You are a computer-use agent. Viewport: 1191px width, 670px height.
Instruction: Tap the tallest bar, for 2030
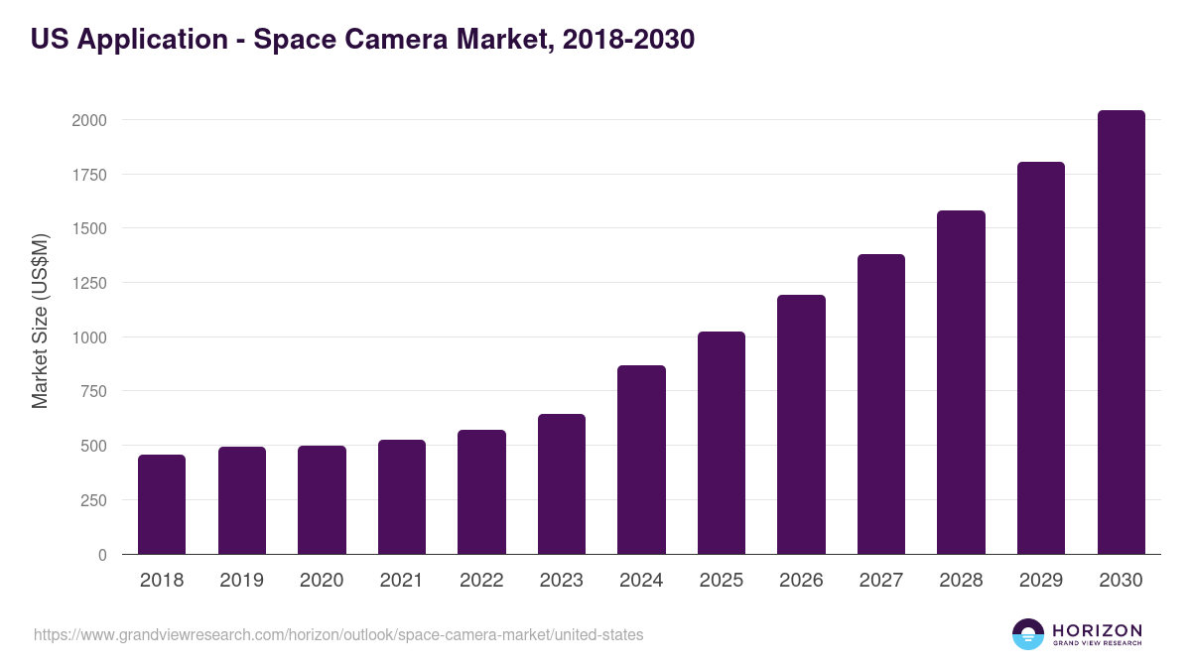click(x=1121, y=333)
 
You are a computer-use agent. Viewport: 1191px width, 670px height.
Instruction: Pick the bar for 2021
click(x=401, y=497)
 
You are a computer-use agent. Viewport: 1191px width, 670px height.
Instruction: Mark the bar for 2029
click(x=1041, y=358)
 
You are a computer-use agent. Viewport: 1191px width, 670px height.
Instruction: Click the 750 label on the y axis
click(x=92, y=391)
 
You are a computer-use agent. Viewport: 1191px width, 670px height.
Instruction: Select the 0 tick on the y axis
click(x=102, y=555)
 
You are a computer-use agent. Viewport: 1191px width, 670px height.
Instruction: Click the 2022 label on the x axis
click(x=481, y=581)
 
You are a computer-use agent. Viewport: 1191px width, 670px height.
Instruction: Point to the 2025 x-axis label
click(x=722, y=581)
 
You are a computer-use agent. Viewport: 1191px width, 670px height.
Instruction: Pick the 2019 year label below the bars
click(x=242, y=581)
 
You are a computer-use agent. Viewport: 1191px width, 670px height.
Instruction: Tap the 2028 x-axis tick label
click(x=961, y=581)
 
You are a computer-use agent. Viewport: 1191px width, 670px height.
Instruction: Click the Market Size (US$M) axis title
click(x=41, y=321)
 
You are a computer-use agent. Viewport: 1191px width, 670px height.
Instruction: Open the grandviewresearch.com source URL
click(x=338, y=634)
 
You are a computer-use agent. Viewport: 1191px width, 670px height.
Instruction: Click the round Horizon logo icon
click(x=1028, y=634)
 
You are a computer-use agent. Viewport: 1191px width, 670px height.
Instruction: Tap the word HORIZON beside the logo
click(x=1098, y=630)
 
